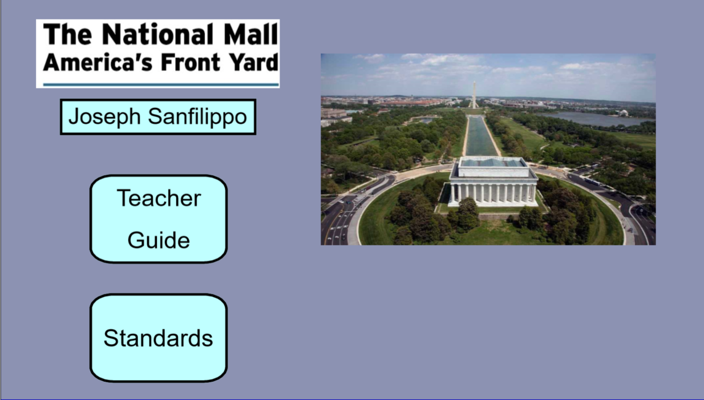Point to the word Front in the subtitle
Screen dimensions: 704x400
click(191, 62)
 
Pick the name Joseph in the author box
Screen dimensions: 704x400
click(104, 118)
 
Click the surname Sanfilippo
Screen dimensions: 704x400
click(197, 116)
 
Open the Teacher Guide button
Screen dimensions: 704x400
click(159, 219)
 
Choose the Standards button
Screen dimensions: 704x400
click(159, 338)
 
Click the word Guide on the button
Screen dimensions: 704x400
click(159, 241)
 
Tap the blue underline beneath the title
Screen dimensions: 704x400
click(161, 84)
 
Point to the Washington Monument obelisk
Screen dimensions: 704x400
click(474, 95)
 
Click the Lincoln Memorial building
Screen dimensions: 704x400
click(493, 182)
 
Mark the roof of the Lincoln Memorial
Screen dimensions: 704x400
click(492, 163)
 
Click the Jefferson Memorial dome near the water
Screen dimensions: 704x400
click(622, 112)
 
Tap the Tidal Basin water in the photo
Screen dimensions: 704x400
click(594, 119)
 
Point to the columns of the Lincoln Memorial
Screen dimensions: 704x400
click(493, 193)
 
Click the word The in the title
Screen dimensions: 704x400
click(67, 34)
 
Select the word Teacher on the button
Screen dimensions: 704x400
click(159, 198)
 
